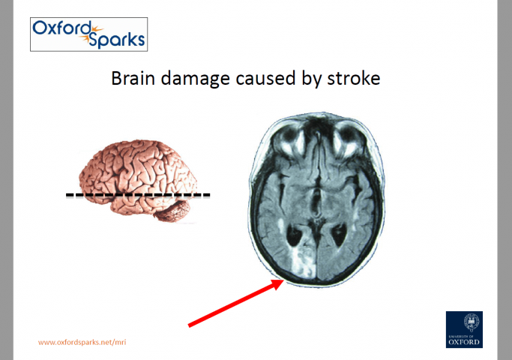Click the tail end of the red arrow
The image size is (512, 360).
(x=191, y=325)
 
